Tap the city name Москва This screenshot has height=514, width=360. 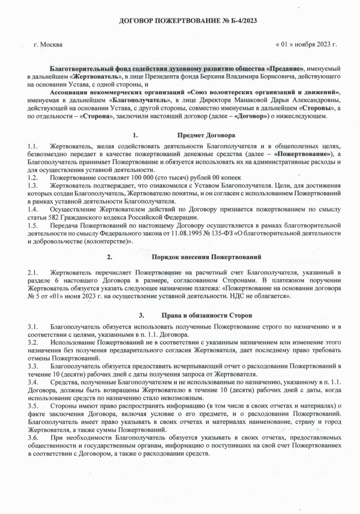point(52,44)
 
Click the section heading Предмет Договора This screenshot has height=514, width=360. point(206,135)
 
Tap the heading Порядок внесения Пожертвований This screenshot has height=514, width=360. point(207,256)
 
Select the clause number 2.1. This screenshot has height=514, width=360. point(32,272)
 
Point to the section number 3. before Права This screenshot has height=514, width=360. point(141,315)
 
